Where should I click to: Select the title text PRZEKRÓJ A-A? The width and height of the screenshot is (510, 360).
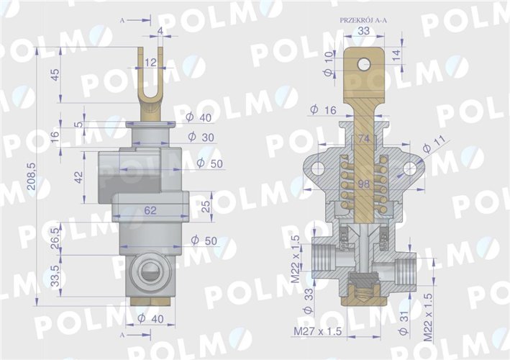click(363, 19)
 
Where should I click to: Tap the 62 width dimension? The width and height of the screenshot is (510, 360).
click(150, 211)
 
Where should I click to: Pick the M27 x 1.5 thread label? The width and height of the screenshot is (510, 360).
click(317, 330)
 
